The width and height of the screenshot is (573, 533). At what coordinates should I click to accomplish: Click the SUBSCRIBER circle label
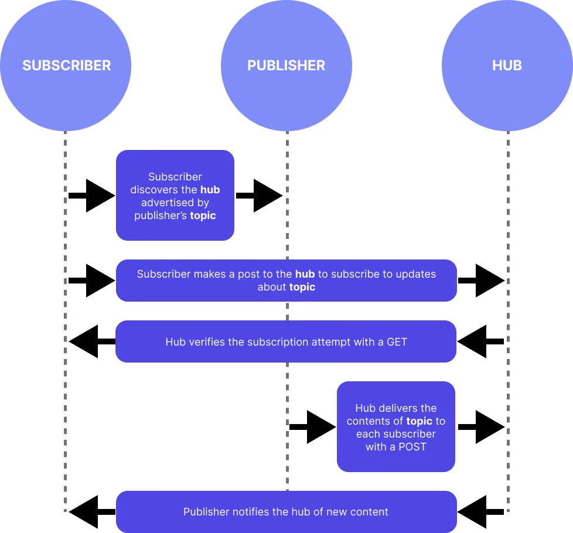click(66, 65)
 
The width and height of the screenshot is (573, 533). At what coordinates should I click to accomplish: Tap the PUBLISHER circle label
click(286, 65)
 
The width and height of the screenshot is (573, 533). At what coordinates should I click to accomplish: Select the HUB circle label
click(507, 65)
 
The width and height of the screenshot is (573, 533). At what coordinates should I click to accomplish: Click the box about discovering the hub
click(175, 195)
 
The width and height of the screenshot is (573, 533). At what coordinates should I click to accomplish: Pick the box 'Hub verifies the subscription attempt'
click(286, 341)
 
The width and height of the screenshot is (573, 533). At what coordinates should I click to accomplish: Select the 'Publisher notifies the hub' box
click(286, 512)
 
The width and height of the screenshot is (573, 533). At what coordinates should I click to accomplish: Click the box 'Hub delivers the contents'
click(396, 426)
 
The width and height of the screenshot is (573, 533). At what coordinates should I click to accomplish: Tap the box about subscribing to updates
click(286, 281)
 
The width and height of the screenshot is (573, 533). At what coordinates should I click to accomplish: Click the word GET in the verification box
click(397, 341)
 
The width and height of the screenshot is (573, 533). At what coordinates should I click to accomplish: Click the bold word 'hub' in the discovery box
click(210, 190)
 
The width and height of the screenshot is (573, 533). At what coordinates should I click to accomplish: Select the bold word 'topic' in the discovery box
click(203, 216)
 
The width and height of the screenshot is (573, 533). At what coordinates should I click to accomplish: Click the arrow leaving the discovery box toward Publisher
click(259, 196)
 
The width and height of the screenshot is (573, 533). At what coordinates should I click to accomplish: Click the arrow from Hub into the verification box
click(480, 341)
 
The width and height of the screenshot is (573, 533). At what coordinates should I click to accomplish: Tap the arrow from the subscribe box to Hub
click(481, 281)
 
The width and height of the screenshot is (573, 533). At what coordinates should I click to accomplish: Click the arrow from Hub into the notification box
click(480, 512)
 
